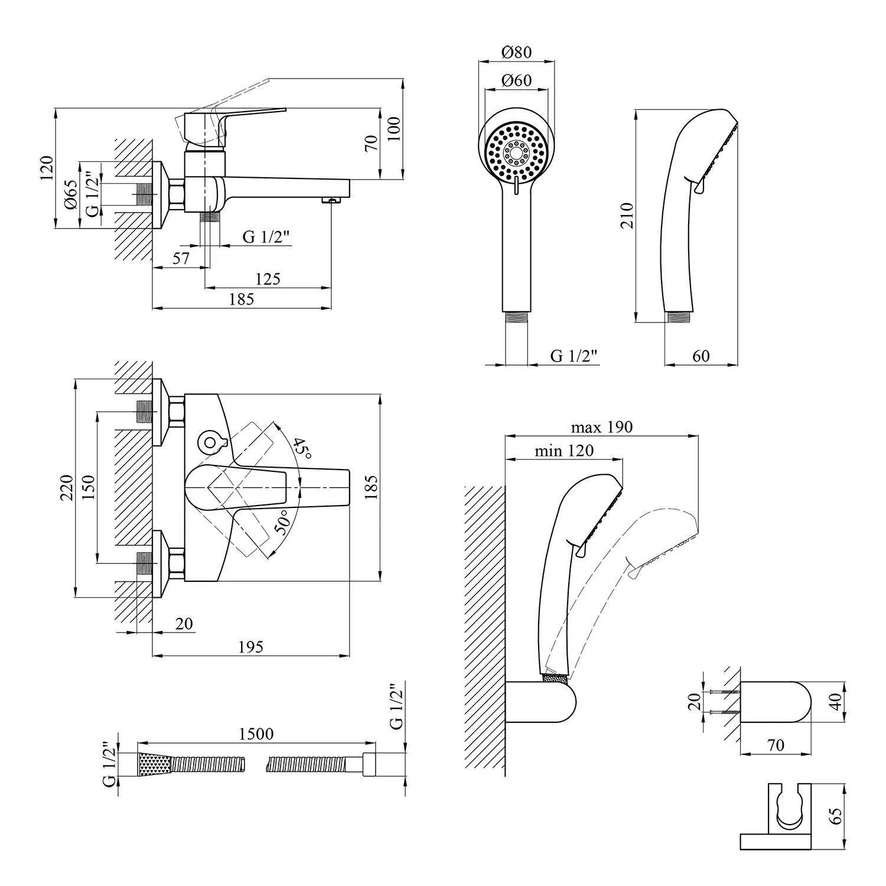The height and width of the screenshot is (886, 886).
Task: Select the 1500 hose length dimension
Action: [x=256, y=734]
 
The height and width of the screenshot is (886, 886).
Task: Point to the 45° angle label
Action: [x=302, y=449]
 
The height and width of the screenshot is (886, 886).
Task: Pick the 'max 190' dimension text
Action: [x=601, y=427]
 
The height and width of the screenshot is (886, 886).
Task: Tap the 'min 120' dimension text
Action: [x=564, y=451]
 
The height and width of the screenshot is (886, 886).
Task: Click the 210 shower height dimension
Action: [x=627, y=216]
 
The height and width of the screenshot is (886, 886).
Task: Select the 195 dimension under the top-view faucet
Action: [x=250, y=647]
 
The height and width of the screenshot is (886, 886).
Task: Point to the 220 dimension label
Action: [x=66, y=487]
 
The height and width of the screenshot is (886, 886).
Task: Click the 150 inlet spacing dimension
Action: [x=89, y=487]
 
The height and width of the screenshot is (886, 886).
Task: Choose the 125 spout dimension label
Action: [x=268, y=279]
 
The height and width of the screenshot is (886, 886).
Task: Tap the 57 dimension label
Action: [x=181, y=258]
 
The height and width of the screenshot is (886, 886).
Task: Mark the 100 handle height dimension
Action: [x=394, y=129]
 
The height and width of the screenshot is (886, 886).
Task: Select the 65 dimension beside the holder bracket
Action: [x=836, y=816]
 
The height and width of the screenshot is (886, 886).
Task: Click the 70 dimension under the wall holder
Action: [x=776, y=745]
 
